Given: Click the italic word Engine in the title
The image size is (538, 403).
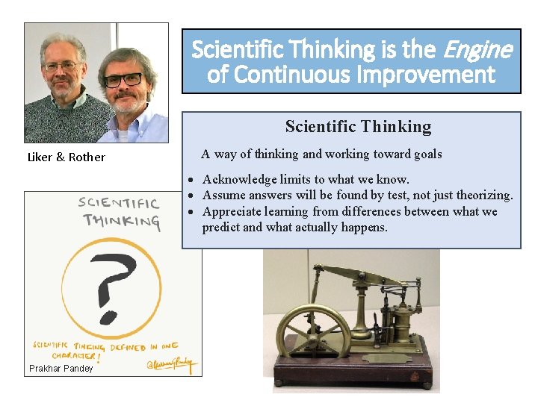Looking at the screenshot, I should [479, 50].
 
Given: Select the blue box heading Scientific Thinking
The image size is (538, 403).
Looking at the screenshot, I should [358, 127].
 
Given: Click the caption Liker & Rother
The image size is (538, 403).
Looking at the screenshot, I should [66, 157].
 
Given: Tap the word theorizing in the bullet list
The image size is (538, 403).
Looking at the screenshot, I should [483, 196].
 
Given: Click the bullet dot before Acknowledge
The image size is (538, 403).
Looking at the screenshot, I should [192, 180].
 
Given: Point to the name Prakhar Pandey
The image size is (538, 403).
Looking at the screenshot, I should [61, 369].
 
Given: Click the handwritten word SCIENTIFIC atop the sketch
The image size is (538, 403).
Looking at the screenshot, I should [119, 204].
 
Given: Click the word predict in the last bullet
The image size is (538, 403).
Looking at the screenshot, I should [221, 227].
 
